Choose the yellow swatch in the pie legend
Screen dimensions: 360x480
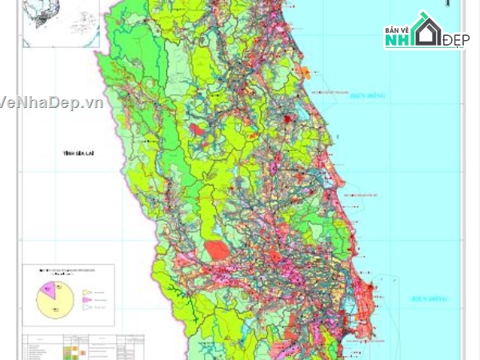(87, 293)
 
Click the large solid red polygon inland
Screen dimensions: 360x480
(216, 250)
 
